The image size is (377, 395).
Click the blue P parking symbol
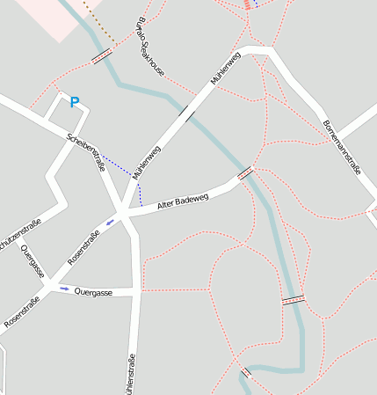point(75,103)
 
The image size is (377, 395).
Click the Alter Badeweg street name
point(183,203)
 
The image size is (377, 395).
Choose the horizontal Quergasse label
point(93,291)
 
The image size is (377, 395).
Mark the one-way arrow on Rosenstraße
point(110,222)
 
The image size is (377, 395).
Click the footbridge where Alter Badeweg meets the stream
point(245,173)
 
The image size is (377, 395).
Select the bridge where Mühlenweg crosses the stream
point(185,111)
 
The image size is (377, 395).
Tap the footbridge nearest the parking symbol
point(102,56)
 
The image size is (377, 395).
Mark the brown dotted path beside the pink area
point(98,22)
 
